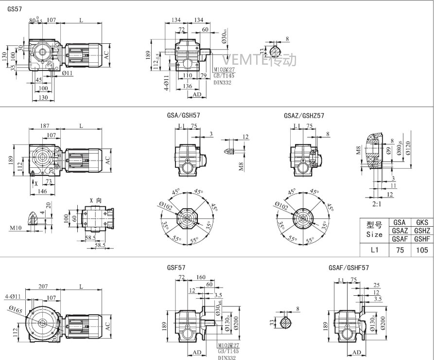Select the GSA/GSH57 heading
183,116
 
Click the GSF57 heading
175,268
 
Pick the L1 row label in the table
374,251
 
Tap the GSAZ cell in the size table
400,231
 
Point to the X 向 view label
95,200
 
